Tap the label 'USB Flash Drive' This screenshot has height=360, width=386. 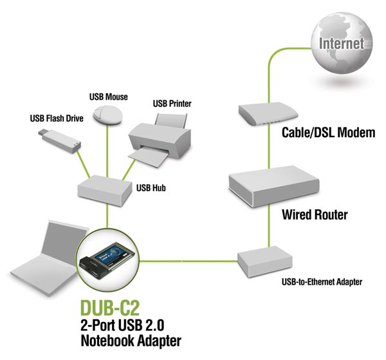56,118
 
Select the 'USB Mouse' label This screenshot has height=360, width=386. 108,97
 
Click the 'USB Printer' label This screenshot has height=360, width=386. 172,103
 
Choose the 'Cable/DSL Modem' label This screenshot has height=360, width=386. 328,133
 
